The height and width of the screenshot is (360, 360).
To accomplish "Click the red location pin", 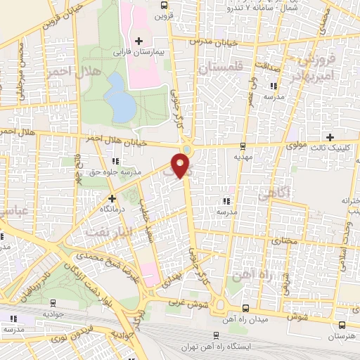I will tap(181, 166).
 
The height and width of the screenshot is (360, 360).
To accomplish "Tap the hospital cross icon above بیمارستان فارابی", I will tap(139, 41).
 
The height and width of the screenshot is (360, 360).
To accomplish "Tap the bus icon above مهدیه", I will tap(243, 146).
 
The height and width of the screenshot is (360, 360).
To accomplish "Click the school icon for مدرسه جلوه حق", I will tap(115, 161).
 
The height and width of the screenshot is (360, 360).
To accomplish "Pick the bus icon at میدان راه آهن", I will tap(244, 308).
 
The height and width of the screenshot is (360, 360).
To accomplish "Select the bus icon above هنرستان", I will tap(342, 326).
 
